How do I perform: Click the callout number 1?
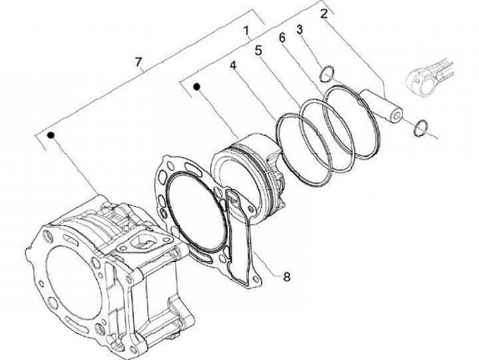(x=245, y=31)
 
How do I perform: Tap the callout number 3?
(x=300, y=29)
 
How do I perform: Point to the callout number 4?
(x=234, y=66)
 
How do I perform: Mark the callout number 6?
(x=282, y=39)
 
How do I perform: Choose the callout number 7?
(x=138, y=63)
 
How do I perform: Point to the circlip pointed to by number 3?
(x=325, y=75)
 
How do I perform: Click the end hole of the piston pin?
(x=397, y=118)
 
